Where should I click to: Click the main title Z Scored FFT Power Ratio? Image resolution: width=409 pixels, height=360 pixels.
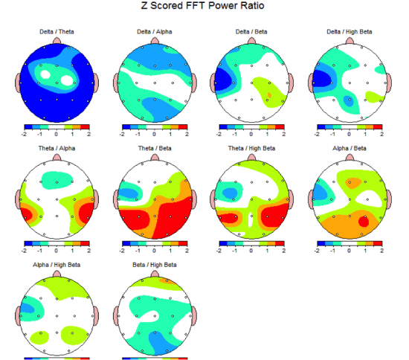pos(202,6)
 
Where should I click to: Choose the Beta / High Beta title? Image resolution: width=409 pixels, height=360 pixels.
pos(154,265)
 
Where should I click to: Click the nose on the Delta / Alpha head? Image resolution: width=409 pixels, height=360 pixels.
pos(154,39)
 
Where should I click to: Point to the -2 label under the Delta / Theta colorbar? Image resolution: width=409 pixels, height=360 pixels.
pos(25,135)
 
